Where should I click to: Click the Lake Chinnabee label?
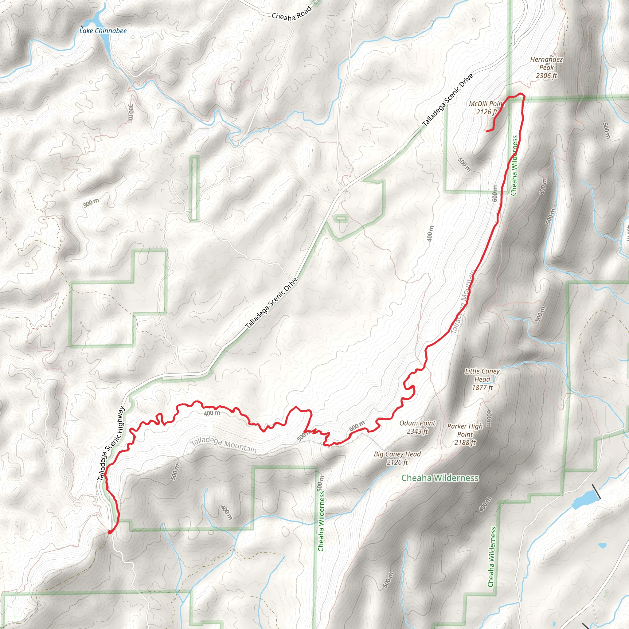point(103,31)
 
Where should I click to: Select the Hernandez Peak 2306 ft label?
point(546,67)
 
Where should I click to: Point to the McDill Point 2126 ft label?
point(487,108)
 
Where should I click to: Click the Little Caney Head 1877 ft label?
point(482,379)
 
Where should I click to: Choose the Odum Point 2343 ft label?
point(417,427)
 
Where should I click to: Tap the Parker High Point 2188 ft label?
point(465,434)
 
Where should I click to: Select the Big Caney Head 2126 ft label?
point(397,458)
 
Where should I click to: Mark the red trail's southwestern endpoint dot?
point(110,532)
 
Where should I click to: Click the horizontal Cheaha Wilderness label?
point(440,478)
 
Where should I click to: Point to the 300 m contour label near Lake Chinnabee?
point(131,113)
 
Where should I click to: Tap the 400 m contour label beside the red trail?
point(212,413)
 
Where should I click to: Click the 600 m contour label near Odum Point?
point(357,426)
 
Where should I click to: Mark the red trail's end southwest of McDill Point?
point(487,131)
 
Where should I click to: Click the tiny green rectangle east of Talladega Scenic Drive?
point(340,217)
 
